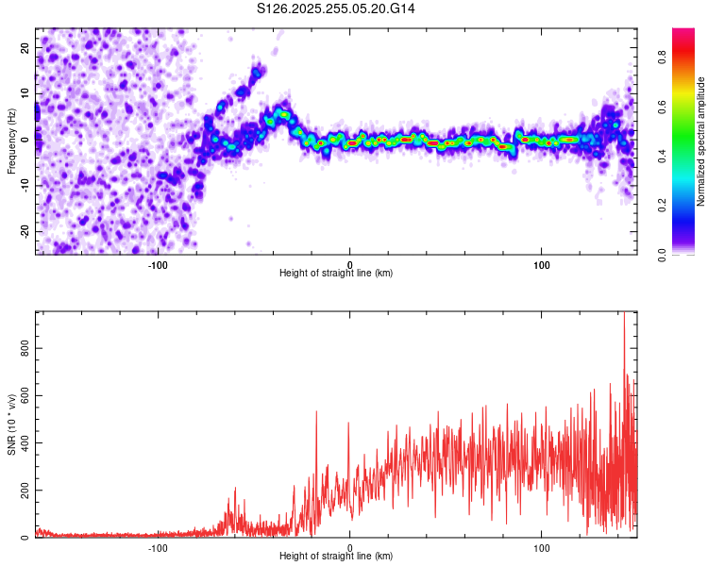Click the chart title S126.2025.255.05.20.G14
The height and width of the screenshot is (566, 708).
(337, 8)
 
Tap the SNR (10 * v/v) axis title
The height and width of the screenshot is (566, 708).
(11, 424)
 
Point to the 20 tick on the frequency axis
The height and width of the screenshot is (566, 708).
(25, 49)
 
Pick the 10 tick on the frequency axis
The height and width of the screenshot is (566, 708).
(25, 94)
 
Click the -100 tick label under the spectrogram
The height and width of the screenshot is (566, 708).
(158, 264)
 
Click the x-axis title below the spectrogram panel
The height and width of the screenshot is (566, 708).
(336, 274)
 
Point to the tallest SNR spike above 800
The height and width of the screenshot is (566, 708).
(623, 315)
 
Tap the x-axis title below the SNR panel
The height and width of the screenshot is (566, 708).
(336, 557)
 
